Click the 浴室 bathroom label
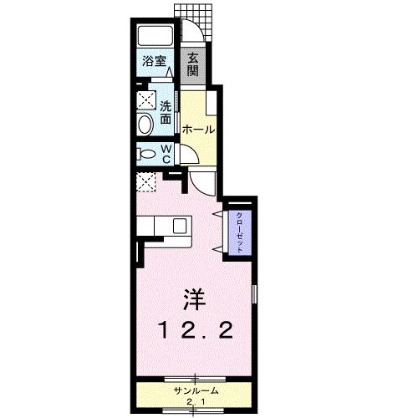coord(153,61)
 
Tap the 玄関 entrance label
coord(192,64)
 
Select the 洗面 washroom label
coord(166,113)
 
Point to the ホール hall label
coord(198,130)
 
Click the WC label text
coord(166,153)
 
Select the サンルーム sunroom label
coord(196,390)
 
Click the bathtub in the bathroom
coord(154,37)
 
